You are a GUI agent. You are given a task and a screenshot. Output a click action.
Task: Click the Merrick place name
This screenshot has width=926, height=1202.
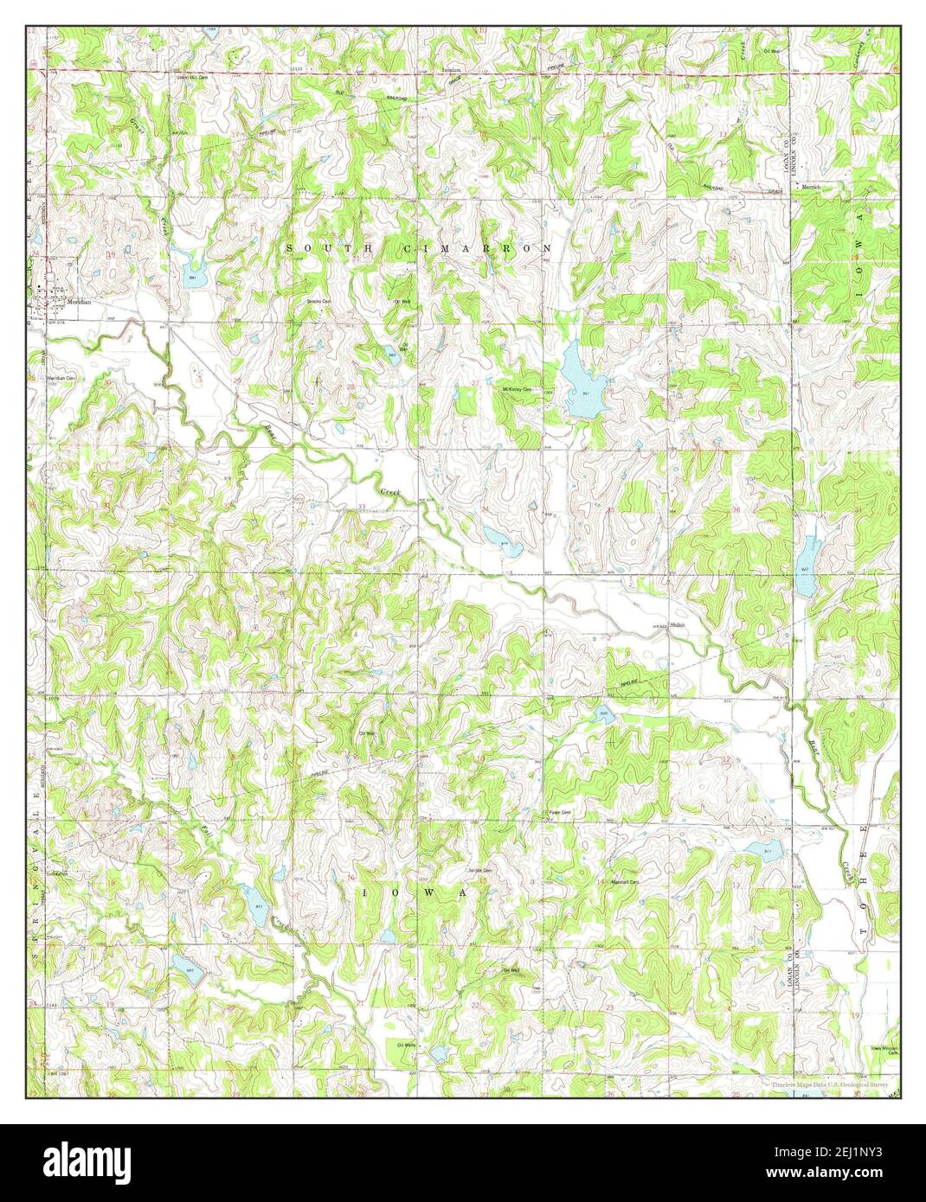[810, 186]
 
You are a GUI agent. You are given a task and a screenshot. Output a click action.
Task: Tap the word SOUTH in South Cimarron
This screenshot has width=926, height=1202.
[328, 249]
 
